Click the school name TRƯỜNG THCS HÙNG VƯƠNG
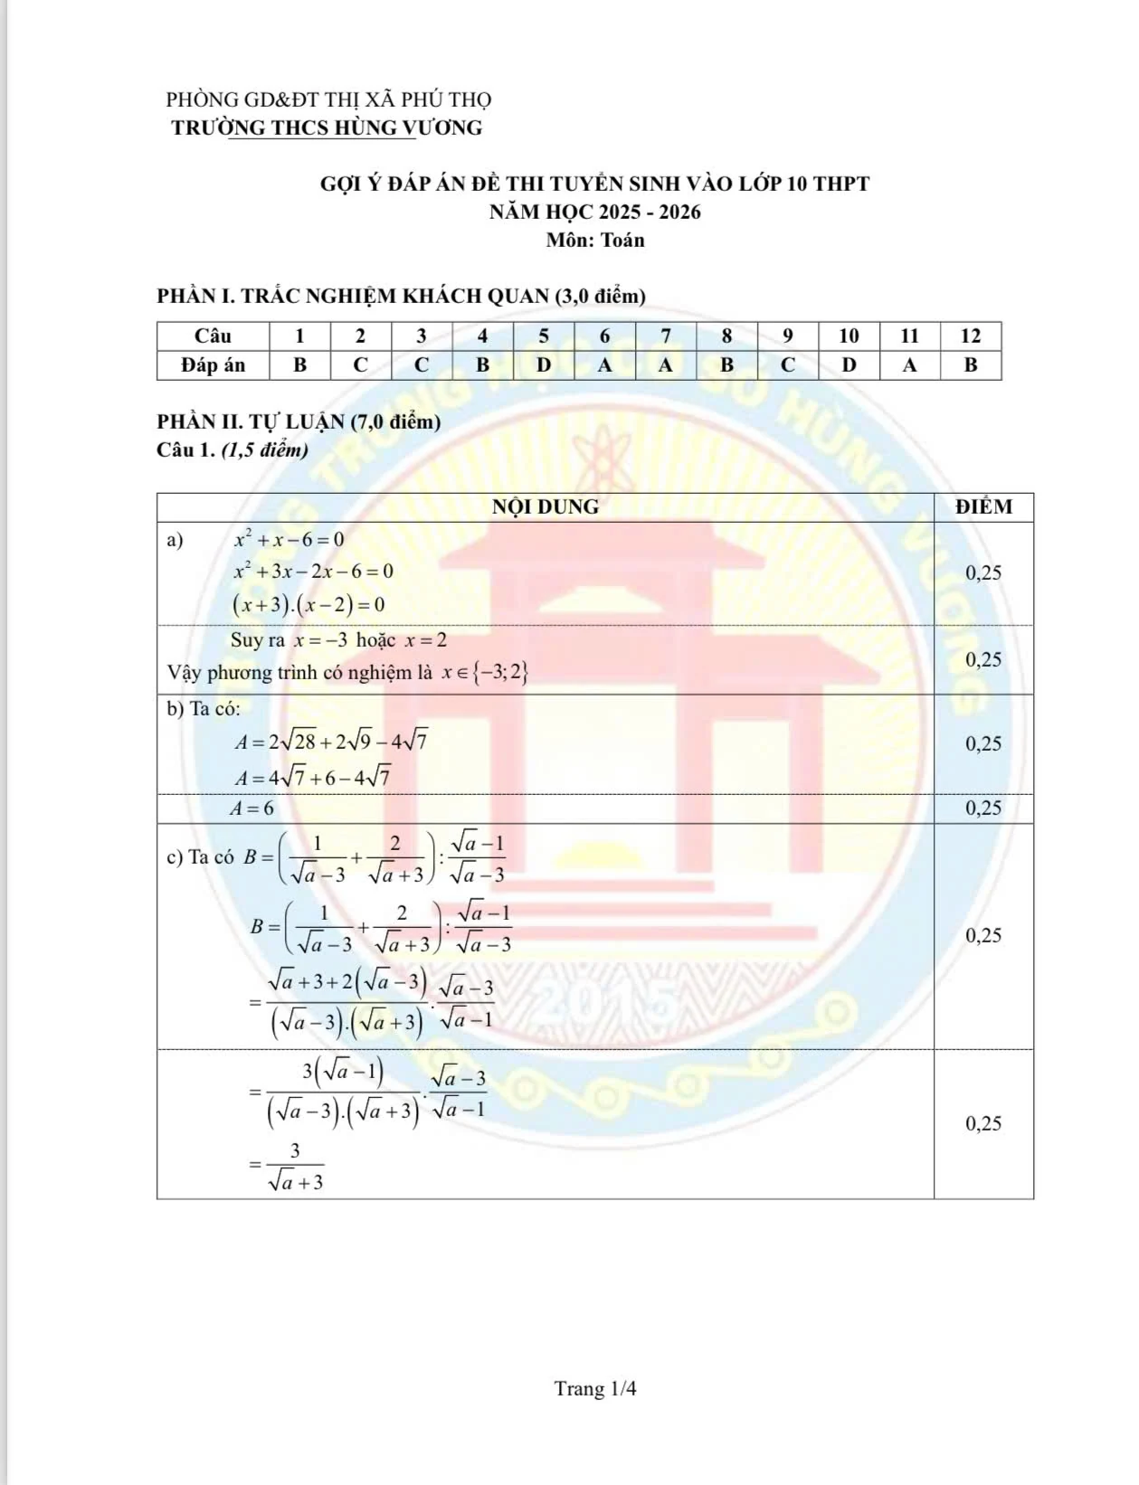[x=327, y=128]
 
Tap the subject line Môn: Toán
[x=594, y=241]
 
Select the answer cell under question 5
[x=544, y=365]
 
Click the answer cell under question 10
[x=849, y=365]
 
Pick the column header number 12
[x=970, y=336]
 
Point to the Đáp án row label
[x=213, y=365]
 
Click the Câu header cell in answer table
[x=213, y=336]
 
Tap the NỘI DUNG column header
[x=545, y=507]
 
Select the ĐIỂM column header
[x=983, y=507]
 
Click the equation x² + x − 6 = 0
[x=289, y=540]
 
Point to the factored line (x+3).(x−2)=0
[x=308, y=604]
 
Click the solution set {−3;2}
[x=504, y=672]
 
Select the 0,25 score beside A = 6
[x=983, y=809]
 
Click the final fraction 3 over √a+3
[x=294, y=1167]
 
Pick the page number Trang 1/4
[x=595, y=1388]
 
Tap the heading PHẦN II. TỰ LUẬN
[x=299, y=421]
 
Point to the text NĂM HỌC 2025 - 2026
[x=594, y=213]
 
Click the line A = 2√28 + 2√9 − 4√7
[x=331, y=742]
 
